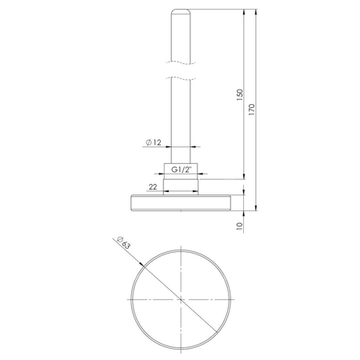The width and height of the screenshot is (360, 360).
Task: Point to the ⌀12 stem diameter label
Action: pyautogui.click(x=155, y=142)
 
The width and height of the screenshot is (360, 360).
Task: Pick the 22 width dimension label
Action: pyautogui.click(x=151, y=186)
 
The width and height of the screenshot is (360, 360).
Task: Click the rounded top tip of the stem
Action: pyautogui.click(x=182, y=11)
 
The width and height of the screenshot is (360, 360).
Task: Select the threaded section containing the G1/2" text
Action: pyautogui.click(x=182, y=170)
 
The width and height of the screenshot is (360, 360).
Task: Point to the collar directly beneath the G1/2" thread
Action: pyautogui.click(x=182, y=186)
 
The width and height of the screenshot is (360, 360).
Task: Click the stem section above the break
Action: pyautogui.click(x=182, y=36)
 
